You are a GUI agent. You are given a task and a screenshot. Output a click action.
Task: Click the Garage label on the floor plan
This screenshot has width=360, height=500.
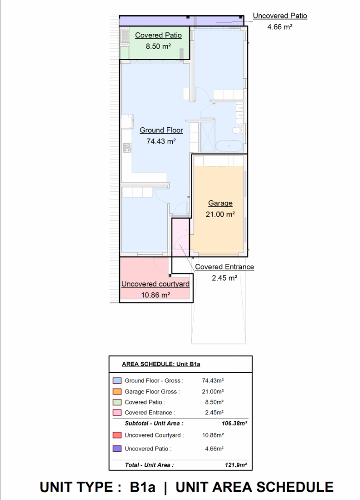(220, 203)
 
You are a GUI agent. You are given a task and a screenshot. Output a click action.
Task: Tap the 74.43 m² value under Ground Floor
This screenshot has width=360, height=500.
(161, 141)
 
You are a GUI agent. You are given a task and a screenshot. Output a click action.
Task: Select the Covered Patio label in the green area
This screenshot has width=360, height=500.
(158, 35)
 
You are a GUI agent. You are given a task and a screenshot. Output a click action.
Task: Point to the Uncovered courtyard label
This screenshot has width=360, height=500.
(155, 284)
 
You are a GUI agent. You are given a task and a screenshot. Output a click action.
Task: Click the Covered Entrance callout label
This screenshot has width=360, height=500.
(224, 267)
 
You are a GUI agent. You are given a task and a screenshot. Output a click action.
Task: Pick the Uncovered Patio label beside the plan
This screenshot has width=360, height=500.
(280, 16)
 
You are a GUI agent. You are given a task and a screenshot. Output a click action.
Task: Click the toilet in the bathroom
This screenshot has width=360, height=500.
(238, 130)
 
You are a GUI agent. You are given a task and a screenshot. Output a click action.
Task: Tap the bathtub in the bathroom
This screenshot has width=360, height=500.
(229, 146)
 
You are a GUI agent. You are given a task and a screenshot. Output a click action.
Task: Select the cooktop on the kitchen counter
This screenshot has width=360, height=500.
(127, 148)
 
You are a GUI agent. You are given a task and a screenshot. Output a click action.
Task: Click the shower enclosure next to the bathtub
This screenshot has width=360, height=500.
(208, 137)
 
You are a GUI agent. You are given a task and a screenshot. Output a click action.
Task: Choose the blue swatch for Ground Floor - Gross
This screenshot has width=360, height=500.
(117, 381)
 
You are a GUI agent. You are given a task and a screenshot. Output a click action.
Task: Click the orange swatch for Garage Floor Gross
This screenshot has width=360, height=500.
(117, 391)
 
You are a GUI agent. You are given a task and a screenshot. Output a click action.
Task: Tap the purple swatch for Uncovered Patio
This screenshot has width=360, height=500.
(117, 449)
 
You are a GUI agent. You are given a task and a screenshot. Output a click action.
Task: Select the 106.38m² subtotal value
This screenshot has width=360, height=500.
(234, 424)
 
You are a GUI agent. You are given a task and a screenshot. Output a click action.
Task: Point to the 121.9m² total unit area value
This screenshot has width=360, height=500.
(236, 465)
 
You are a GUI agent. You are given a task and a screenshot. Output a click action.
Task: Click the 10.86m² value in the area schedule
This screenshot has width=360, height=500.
(213, 435)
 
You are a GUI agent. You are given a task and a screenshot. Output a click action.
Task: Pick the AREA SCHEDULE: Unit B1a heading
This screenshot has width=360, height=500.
(161, 364)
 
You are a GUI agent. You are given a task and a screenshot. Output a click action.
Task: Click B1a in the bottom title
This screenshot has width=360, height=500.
(142, 487)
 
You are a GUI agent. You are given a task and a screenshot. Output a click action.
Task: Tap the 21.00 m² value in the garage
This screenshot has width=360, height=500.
(220, 214)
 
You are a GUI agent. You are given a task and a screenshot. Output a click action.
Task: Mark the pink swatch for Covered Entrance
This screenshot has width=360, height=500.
(117, 412)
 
